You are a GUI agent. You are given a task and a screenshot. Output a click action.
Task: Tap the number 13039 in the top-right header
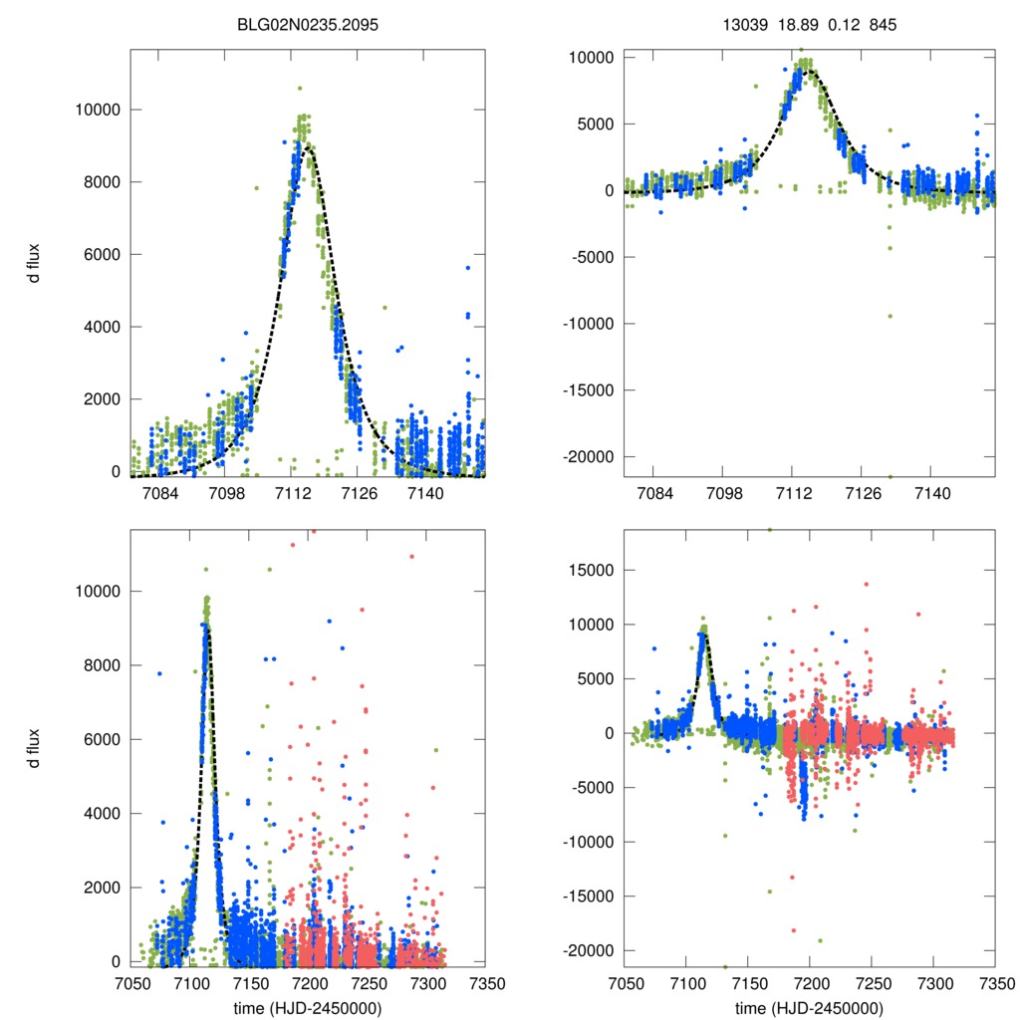pos(744,25)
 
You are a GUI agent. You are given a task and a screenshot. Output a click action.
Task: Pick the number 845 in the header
pos(883,25)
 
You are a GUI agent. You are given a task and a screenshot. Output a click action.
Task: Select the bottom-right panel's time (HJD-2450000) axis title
pos(808,1007)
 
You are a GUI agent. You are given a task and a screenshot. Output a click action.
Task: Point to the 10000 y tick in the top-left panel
pos(96,110)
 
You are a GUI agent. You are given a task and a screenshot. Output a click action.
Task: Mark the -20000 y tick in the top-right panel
pos(585,456)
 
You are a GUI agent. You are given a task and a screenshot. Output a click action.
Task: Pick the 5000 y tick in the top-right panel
pos(595,125)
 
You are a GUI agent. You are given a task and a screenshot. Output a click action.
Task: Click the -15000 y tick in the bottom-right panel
pos(585,896)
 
